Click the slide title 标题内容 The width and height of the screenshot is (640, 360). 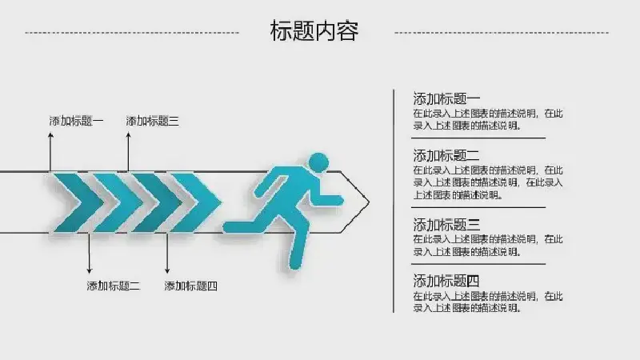pos(314,31)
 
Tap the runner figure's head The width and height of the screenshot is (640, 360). pos(318,162)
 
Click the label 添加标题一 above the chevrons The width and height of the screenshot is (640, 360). pos(76,121)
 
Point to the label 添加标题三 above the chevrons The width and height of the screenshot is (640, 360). pos(152,121)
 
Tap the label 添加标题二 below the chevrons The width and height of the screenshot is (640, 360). pos(114,286)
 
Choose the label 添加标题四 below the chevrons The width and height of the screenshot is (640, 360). pos(190,286)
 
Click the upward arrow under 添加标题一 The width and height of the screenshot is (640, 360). pos(50,152)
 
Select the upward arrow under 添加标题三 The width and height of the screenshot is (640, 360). pos(128,152)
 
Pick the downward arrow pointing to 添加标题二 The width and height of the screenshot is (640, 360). pos(90,253)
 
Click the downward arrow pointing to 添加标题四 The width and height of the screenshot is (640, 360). pos(167,253)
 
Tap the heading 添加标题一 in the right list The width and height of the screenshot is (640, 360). pos(446,98)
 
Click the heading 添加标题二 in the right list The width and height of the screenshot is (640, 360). pos(446,155)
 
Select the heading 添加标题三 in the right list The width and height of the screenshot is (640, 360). pos(446,225)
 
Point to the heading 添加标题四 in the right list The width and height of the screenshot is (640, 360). pos(446,281)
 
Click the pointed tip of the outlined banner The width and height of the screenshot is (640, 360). pos(370,202)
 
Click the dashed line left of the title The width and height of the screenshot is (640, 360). pos(132,33)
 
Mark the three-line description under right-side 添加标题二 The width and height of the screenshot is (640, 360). pos(488,182)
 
